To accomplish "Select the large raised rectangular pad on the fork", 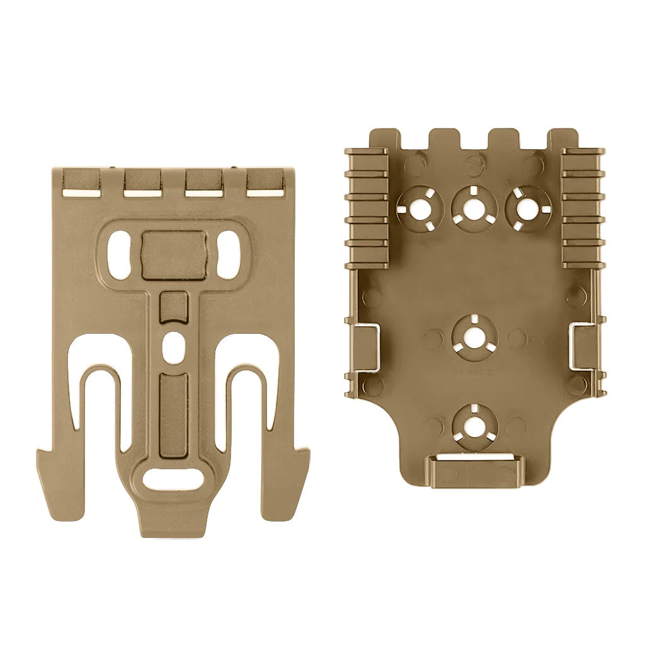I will point(174,254).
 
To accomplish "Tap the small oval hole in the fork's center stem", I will point(173,345).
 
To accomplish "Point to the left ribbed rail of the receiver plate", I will point(367,208).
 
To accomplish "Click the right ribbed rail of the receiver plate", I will point(582,208).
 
